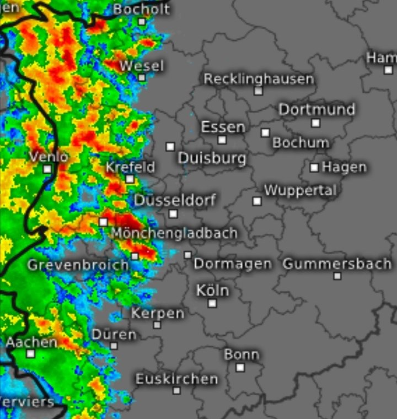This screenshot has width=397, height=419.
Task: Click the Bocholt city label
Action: click(141, 9)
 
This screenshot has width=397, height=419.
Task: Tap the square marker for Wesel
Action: click(142, 77)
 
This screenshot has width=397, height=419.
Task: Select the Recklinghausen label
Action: click(259, 79)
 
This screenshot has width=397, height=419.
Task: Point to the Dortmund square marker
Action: click(315, 123)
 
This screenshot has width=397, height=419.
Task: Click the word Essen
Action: click(223, 127)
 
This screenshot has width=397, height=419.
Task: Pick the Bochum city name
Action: click(301, 143)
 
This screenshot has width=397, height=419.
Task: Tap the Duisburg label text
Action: click(212, 159)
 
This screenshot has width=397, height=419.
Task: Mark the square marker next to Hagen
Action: click(314, 167)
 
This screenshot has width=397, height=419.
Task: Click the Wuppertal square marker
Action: click(257, 201)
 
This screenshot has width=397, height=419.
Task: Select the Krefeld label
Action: click(130, 167)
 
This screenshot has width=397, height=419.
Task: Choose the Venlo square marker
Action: click(47, 169)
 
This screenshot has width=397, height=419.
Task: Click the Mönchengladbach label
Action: click(174, 233)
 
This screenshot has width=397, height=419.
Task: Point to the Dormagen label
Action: click(233, 264)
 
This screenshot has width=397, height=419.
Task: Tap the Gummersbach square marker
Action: click(337, 276)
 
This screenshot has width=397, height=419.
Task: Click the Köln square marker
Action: click(212, 303)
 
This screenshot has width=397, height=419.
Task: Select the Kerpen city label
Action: click(158, 313)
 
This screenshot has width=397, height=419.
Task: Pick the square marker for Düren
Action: click(114, 346)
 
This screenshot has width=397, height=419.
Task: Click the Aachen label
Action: click(31, 342)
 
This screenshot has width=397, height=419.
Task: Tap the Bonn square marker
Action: click(240, 367)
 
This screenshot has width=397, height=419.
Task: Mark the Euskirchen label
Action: click(176, 379)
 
